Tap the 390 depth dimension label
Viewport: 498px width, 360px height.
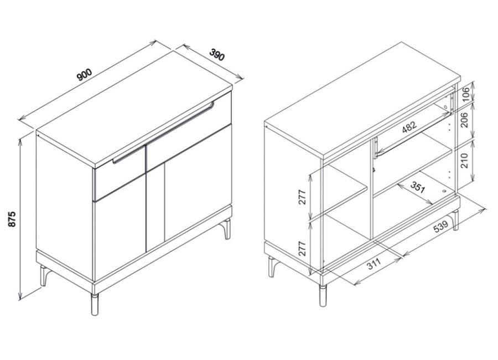(217, 54)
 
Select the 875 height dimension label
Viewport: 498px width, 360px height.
(12, 219)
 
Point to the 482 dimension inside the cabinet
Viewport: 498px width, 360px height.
(409, 127)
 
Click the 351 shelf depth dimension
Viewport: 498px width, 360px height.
(417, 187)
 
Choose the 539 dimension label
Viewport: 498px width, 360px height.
(440, 227)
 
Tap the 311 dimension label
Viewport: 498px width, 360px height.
(373, 264)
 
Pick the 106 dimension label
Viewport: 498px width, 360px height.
(465, 94)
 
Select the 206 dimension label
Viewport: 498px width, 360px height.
(465, 120)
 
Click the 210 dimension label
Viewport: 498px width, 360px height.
(465, 161)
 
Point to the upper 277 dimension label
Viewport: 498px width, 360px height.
(302, 197)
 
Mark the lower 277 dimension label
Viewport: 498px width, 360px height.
(302, 248)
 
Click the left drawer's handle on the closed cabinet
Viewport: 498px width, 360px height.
(128, 155)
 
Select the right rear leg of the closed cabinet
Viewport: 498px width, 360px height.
(227, 228)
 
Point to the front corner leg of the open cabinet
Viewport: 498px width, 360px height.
(323, 296)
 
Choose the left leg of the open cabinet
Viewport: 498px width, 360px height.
(273, 266)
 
